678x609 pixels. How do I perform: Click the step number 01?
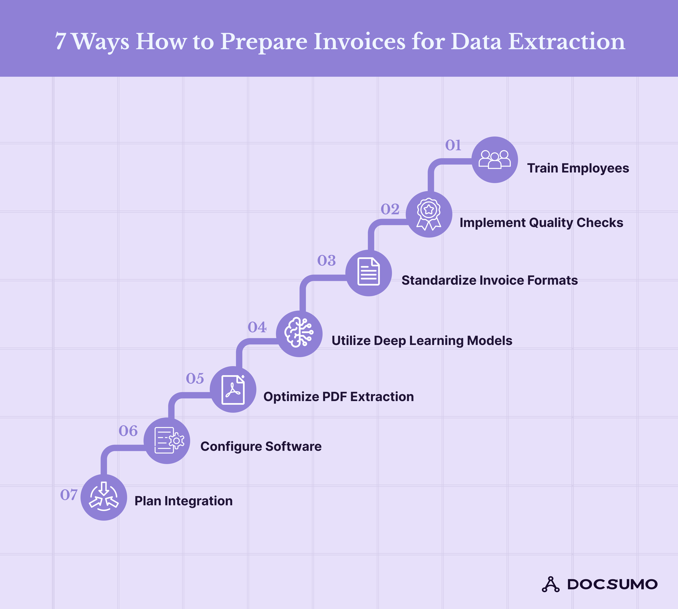point(453,145)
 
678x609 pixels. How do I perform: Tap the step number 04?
point(257,327)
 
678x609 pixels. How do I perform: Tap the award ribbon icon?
point(429,214)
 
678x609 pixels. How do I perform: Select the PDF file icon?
point(233,389)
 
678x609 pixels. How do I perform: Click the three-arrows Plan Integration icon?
point(104,497)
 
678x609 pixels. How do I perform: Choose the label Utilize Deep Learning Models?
point(422,341)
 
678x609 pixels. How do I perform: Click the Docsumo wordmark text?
point(612,584)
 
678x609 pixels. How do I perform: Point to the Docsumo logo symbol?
point(550,584)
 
